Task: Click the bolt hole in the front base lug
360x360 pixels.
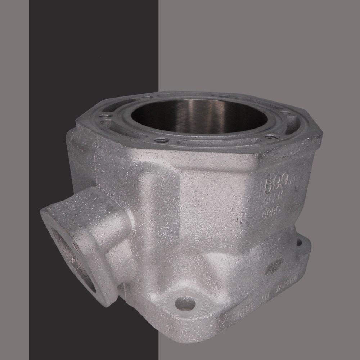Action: pos(185,303)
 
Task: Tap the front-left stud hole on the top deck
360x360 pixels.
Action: pos(160,140)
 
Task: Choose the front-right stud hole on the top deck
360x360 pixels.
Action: pos(271,136)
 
